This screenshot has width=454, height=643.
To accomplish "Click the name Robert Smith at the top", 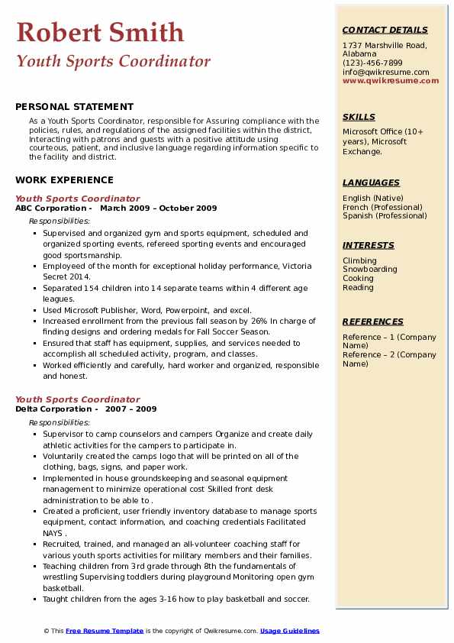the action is click(x=100, y=33).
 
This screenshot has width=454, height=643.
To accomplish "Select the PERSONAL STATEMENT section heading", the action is click(x=74, y=107).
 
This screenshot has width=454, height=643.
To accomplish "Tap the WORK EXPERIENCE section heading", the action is click(x=64, y=180).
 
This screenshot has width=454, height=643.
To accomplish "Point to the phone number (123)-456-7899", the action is click(x=372, y=63).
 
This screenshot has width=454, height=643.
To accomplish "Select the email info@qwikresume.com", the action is click(x=385, y=73).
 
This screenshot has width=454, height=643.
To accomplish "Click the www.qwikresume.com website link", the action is click(x=385, y=81).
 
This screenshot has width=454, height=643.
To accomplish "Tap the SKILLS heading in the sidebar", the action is click(x=359, y=118).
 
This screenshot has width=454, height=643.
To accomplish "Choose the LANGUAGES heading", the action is click(x=371, y=183).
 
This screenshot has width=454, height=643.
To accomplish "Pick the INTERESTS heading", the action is click(x=369, y=246).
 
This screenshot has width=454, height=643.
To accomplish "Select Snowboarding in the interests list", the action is click(x=370, y=270).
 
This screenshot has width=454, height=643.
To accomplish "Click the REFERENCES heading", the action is click(x=373, y=322).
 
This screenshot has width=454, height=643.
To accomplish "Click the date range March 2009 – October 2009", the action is click(x=159, y=208).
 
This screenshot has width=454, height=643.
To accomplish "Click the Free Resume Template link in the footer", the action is click(x=105, y=632).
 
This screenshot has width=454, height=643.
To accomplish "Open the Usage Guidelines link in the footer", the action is click(x=289, y=632).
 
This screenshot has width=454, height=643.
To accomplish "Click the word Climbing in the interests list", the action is click(x=359, y=260).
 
